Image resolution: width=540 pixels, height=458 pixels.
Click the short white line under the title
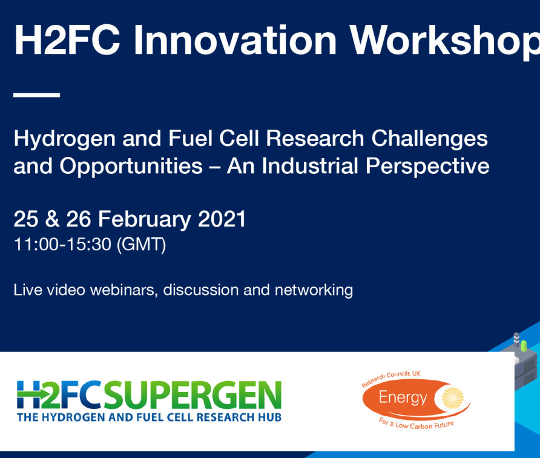[36, 95]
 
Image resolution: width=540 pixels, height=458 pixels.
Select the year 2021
[222, 219]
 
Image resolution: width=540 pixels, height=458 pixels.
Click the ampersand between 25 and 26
[52, 219]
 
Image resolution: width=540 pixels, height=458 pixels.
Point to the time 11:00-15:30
[62, 244]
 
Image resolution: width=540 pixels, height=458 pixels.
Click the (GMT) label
[141, 245]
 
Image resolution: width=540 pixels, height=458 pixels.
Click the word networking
[314, 291]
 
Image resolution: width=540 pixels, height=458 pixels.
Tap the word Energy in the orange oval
[403, 399]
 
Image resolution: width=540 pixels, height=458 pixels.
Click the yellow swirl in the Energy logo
[453, 397]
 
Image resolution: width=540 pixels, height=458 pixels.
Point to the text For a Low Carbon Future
[416, 424]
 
